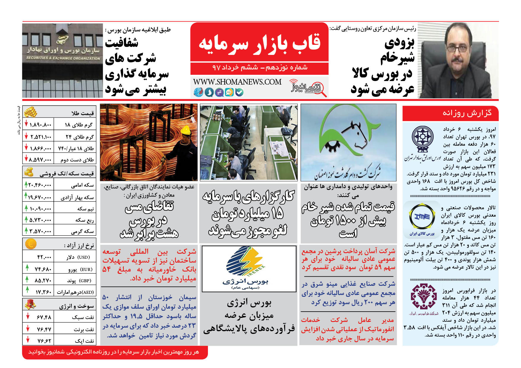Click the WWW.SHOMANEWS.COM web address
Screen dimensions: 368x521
point(237,82)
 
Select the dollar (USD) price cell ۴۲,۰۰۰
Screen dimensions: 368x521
point(44,257)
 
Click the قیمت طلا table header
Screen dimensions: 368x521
point(82,113)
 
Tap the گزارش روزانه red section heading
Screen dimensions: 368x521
point(467,113)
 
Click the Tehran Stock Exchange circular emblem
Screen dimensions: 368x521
point(422,138)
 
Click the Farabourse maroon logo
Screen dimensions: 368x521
point(424,297)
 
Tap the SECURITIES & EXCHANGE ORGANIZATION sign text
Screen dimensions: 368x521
point(63,58)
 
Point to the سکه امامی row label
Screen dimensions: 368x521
point(82,185)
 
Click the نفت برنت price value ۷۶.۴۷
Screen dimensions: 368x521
point(44,329)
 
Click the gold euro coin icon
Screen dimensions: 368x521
point(31,244)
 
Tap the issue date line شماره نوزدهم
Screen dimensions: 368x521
point(259,67)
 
